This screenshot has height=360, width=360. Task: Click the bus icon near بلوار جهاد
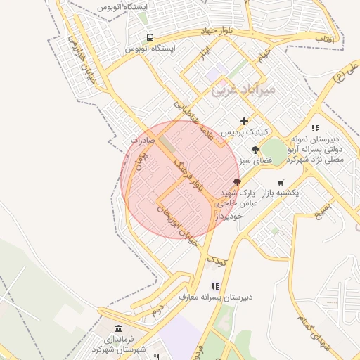149,37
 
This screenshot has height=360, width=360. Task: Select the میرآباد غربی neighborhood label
244,91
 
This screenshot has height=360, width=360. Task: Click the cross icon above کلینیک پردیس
245,121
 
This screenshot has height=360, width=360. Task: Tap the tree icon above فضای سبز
255,150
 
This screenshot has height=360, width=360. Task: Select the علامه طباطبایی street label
194,119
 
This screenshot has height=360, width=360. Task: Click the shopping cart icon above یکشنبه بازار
281,181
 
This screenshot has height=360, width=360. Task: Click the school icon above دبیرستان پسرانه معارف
215,286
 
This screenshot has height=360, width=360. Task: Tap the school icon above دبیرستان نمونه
316,128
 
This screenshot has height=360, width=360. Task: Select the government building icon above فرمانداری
117,328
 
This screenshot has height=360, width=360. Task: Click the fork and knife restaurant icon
156,347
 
